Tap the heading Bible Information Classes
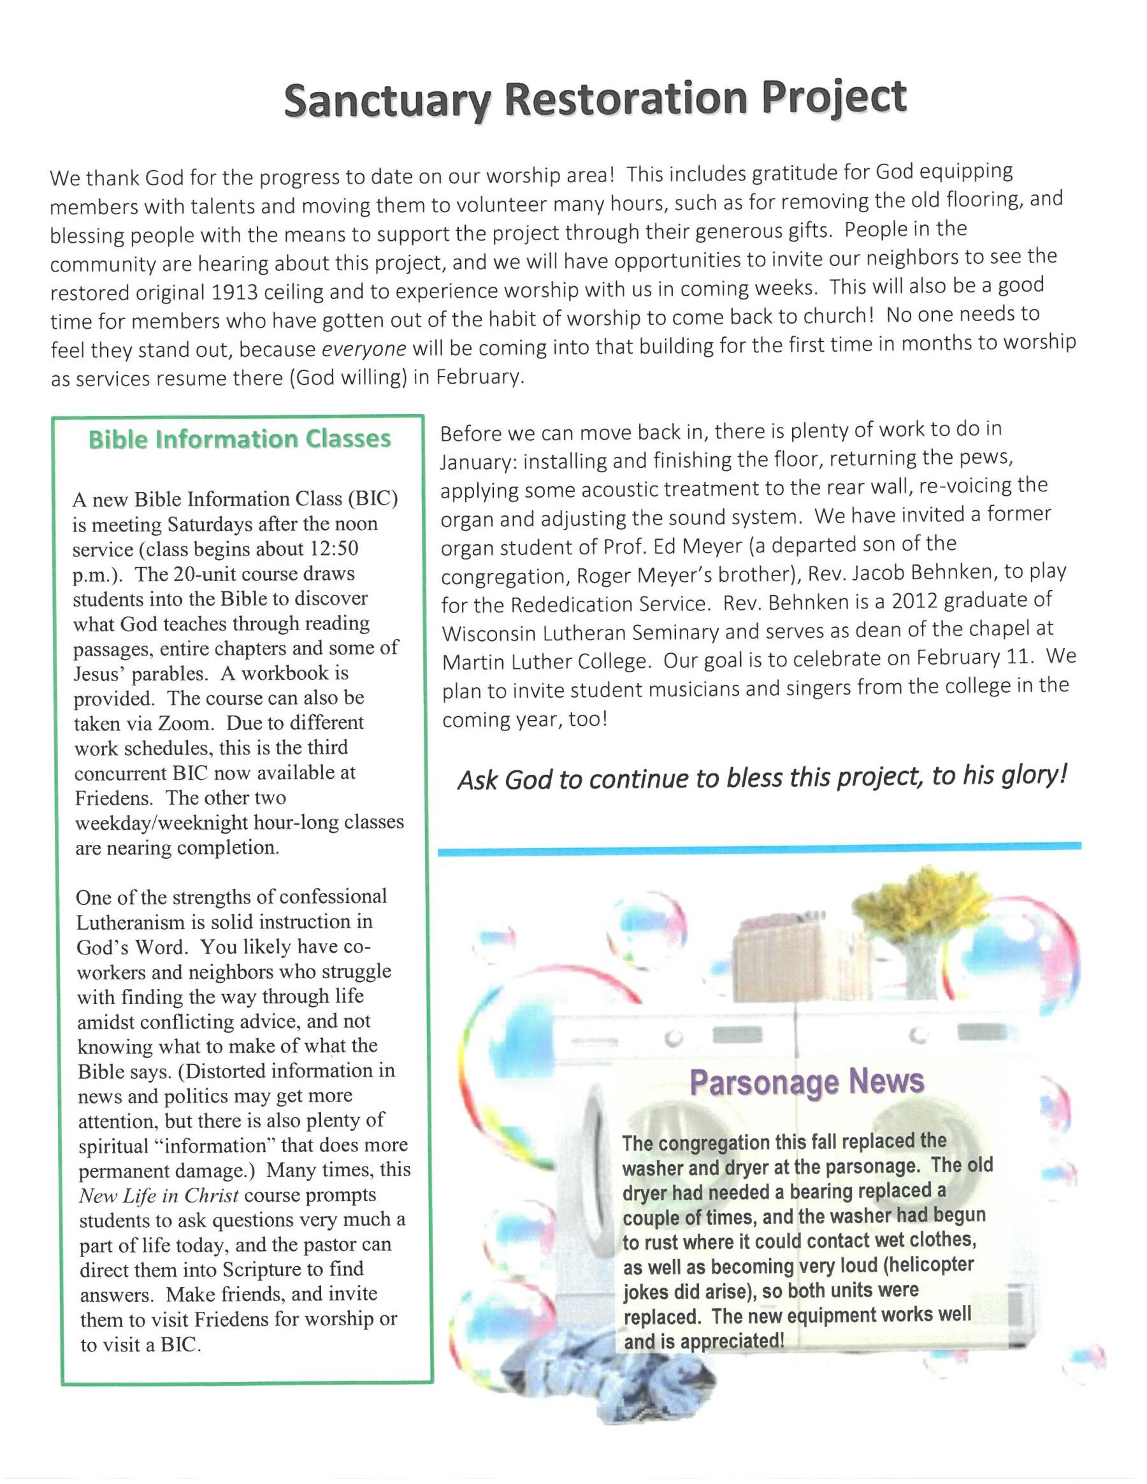(x=240, y=440)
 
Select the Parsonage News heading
(x=807, y=1083)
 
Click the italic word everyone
(x=363, y=349)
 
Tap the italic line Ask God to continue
(x=761, y=778)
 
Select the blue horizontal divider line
(x=759, y=847)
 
